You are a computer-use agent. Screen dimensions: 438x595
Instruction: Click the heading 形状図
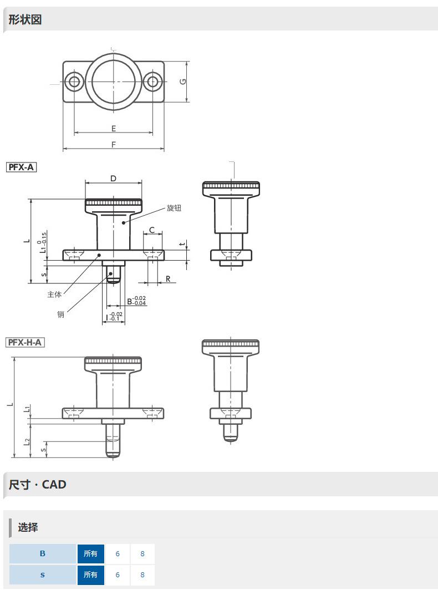[25, 19]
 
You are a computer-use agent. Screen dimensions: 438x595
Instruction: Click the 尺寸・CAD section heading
[37, 485]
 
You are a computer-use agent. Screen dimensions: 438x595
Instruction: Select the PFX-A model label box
[21, 167]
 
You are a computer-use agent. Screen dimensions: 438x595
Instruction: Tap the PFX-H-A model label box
[25, 342]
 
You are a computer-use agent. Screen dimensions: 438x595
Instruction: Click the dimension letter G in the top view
[183, 81]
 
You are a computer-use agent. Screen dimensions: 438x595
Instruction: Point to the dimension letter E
[114, 129]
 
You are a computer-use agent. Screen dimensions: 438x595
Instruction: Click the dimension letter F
[114, 145]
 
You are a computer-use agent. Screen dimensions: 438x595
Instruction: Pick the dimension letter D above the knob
[113, 179]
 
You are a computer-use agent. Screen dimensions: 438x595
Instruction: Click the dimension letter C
[152, 230]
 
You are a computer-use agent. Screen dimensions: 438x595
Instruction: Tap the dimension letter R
[168, 279]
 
